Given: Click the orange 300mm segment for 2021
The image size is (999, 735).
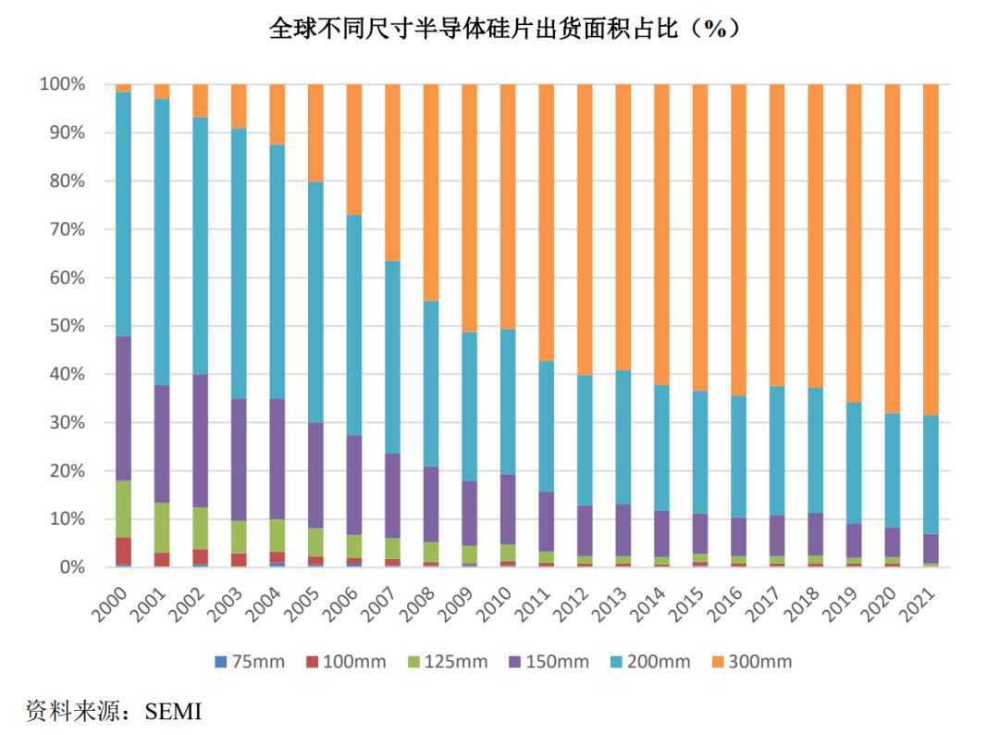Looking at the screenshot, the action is click(x=931, y=249).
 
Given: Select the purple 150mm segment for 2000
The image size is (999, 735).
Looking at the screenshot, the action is click(x=124, y=408).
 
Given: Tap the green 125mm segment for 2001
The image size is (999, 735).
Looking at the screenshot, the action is click(x=162, y=528).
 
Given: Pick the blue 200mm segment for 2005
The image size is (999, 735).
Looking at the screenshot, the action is click(x=315, y=302).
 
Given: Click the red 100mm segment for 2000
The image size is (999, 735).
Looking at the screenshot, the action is click(x=124, y=551).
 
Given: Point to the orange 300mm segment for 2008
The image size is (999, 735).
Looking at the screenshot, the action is click(x=431, y=193).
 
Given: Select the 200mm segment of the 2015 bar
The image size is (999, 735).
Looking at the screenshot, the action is click(x=700, y=452).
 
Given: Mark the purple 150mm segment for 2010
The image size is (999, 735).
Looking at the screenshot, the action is click(x=508, y=509).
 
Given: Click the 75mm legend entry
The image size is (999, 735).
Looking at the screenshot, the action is click(x=250, y=662).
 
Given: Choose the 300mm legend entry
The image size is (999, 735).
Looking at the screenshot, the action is click(x=752, y=662).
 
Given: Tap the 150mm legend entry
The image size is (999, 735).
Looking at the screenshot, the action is click(x=549, y=662).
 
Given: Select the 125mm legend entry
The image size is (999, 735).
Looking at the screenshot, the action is click(x=448, y=662).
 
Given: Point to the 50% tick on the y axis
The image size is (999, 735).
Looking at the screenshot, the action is click(x=67, y=326).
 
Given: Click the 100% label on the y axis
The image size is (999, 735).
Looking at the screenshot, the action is click(x=63, y=84).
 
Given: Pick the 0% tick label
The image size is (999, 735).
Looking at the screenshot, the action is click(x=72, y=567).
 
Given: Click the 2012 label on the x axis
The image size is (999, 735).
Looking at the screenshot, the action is click(x=570, y=604).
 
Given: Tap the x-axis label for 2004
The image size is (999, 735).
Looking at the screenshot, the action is click(x=263, y=604).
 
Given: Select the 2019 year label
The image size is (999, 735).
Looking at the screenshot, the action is click(x=839, y=604).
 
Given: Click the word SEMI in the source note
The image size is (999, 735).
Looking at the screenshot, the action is click(x=173, y=712).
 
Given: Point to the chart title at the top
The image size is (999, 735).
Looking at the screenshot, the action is click(x=504, y=29).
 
